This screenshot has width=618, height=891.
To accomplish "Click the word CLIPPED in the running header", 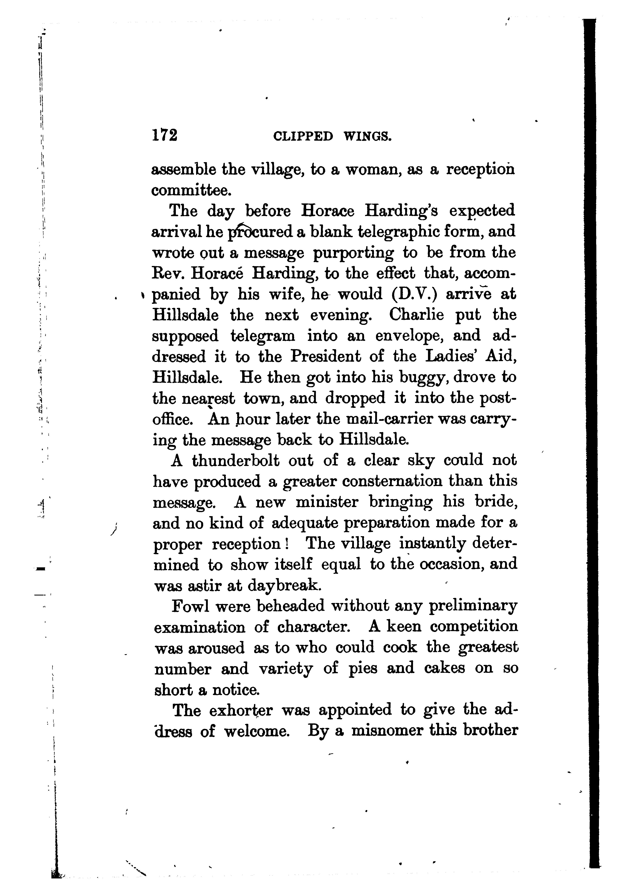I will (x=302, y=136).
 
